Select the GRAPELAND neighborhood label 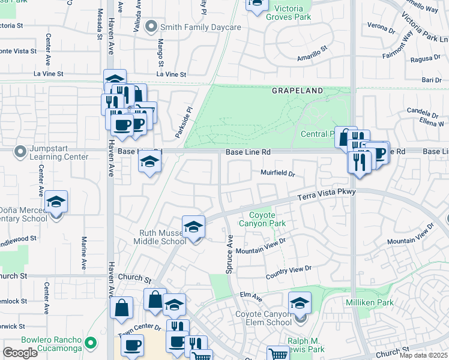click(x=297, y=91)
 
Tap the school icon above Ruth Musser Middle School click(x=193, y=227)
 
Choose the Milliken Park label click(x=370, y=302)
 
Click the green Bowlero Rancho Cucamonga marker click(x=91, y=343)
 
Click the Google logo click(x=20, y=352)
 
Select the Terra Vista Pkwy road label click(x=327, y=194)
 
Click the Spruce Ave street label click(x=229, y=254)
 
